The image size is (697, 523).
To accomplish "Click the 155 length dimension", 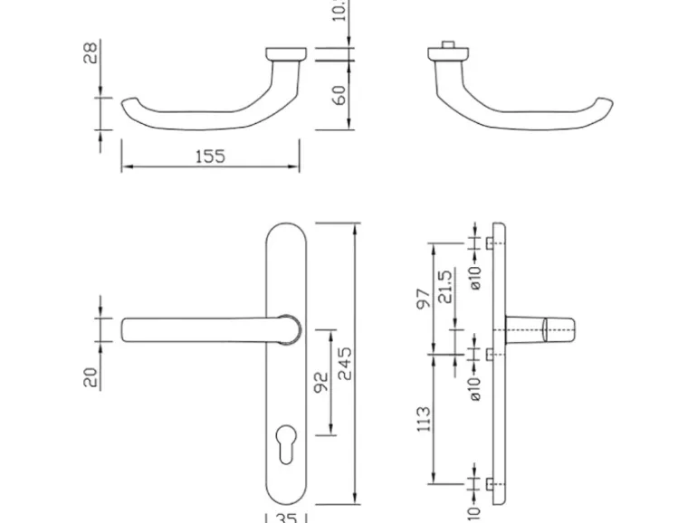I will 210,157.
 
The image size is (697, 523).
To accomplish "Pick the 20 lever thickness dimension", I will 91,376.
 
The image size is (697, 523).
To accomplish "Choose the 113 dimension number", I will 423,418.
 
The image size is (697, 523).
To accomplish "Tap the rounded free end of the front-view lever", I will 127,329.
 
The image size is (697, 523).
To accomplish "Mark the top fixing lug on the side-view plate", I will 489,244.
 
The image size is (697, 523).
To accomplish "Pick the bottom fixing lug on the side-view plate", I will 489,485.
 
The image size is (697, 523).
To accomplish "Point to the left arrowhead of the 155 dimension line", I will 126,167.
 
